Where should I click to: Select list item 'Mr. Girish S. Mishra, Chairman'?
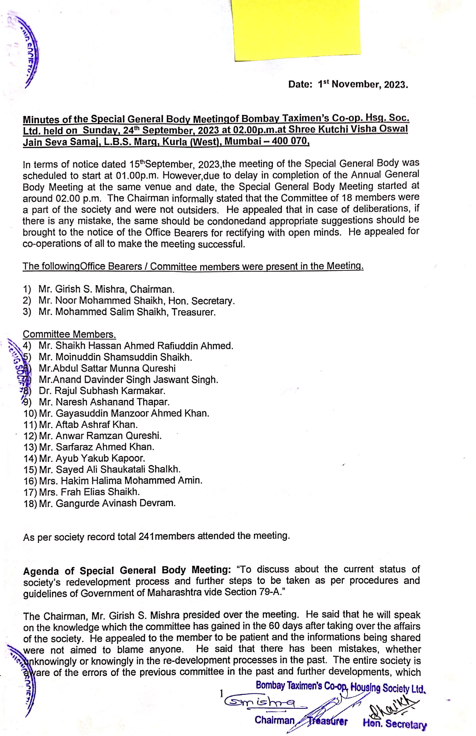106,290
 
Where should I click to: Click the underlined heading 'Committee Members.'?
69,334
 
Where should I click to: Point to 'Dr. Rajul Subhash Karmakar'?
102,391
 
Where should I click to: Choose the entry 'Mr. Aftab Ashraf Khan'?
88,424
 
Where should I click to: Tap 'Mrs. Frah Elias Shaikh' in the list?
89,492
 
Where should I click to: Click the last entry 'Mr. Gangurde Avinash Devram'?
107,503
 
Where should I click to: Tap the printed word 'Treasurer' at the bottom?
327,721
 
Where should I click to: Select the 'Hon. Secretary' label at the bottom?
394,723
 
